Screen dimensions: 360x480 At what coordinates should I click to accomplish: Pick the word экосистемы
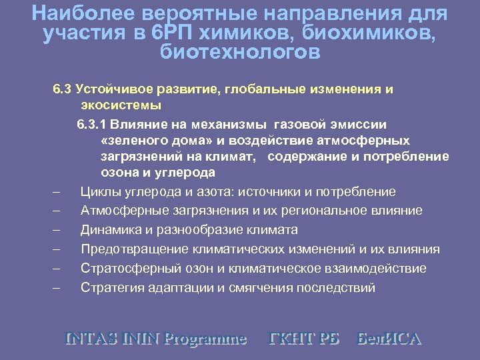click(x=121, y=105)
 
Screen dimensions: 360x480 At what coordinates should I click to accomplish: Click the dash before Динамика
click(x=57, y=231)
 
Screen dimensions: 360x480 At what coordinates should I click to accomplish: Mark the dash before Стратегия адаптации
click(x=57, y=289)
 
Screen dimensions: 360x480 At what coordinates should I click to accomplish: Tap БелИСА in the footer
click(x=389, y=338)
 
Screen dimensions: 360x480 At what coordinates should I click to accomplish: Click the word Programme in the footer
click(x=206, y=339)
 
